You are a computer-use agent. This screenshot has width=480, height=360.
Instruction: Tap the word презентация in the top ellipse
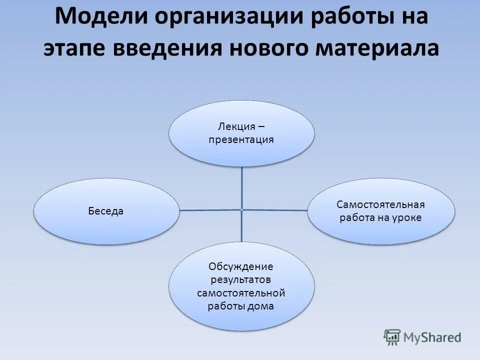(241, 139)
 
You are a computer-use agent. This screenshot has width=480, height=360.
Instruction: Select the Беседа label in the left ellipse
(106, 211)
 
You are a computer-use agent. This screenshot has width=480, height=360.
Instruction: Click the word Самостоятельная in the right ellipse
(380, 204)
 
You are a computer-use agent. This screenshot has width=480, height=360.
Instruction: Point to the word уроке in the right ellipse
(408, 218)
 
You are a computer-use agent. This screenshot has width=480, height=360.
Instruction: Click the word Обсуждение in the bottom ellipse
(241, 266)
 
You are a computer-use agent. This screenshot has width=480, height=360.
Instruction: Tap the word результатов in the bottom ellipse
(241, 279)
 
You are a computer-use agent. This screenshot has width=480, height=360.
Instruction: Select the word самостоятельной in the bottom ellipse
(241, 292)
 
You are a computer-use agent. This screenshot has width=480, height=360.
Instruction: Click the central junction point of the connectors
(241, 209)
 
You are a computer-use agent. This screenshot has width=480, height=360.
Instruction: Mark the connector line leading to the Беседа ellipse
(210, 210)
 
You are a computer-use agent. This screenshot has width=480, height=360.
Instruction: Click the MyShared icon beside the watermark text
(392, 337)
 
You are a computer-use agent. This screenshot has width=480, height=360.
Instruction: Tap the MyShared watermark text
(431, 338)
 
